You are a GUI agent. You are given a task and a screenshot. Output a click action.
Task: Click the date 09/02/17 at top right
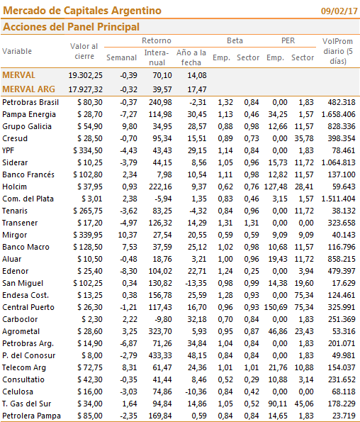tap(339, 11)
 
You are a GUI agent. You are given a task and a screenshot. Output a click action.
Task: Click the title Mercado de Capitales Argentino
tap(82, 11)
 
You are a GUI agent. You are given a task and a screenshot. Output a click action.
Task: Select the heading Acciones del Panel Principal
tap(71, 27)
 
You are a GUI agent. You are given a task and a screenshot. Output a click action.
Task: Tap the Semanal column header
tap(121, 57)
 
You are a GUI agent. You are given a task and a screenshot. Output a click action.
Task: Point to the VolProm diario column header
tap(338, 51)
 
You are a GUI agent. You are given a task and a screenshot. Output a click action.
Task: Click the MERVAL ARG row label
tap(28, 89)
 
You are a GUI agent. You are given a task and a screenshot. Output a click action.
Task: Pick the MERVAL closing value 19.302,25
tap(85, 75)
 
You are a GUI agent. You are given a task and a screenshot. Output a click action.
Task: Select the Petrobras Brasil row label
tap(30, 102)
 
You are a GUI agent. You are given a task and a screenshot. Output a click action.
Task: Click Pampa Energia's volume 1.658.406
tap(338, 114)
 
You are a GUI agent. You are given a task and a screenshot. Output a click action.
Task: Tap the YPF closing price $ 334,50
tap(88, 150)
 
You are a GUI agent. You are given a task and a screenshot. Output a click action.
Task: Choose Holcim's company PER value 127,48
tap(276, 187)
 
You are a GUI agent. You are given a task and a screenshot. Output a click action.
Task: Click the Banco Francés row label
tap(28, 174)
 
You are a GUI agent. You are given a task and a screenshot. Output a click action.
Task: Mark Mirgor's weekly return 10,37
tap(128, 235)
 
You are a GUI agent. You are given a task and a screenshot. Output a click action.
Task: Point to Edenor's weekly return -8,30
tap(128, 271)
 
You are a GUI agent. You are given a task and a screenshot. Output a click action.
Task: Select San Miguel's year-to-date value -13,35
tap(196, 283)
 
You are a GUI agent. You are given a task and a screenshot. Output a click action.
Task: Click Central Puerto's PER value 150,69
tap(276, 307)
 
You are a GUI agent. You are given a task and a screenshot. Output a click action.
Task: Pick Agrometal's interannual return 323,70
tap(160, 331)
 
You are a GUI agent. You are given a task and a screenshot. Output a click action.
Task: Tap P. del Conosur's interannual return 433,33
tap(160, 355)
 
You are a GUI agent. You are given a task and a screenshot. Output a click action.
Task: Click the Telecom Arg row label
tap(24, 367)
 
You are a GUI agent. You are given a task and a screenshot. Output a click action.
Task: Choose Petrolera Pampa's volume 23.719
tap(344, 416)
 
